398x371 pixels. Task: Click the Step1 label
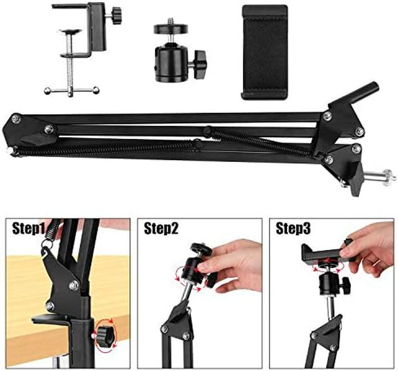(x=28, y=229)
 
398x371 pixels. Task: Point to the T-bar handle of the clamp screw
(x=71, y=90)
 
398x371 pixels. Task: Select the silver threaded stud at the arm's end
(x=380, y=177)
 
